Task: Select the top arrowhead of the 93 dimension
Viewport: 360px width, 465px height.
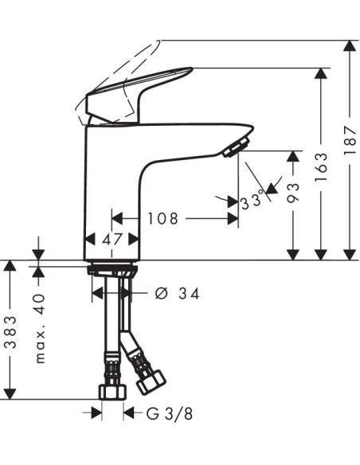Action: tap(293, 156)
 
